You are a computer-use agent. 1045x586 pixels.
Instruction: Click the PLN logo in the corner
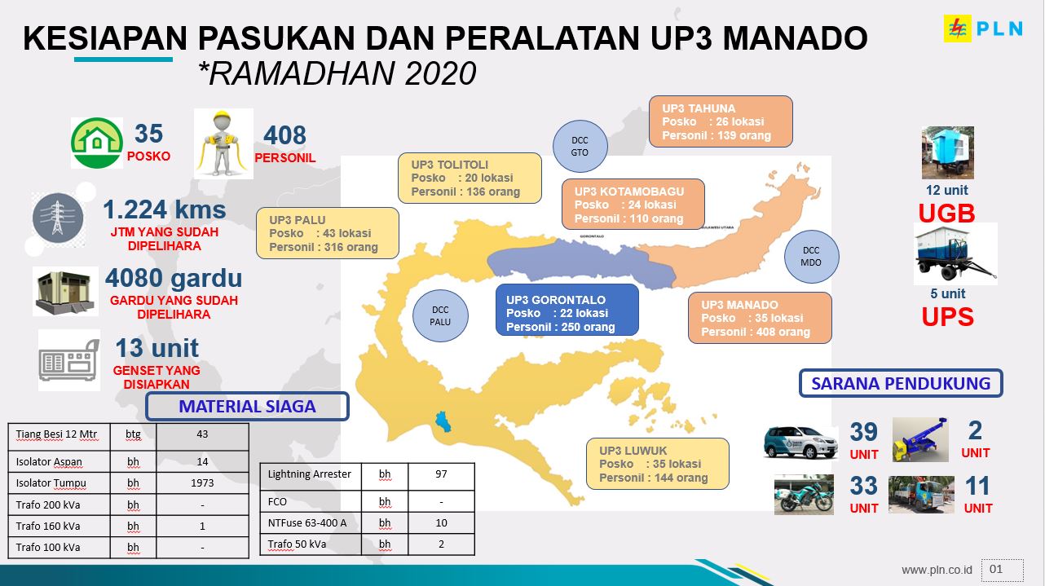[983, 29]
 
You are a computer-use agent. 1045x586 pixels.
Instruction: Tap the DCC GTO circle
[580, 146]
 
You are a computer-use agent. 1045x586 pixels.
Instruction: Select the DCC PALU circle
[440, 316]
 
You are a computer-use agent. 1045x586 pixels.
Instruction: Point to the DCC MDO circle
[811, 257]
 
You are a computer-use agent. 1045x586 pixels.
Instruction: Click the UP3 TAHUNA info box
[721, 121]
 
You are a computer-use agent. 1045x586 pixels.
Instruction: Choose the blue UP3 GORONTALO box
[567, 310]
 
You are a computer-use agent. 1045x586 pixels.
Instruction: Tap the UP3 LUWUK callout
[657, 464]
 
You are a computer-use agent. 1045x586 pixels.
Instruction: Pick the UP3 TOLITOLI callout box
[470, 178]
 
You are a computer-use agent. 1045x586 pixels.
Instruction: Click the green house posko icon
[96, 143]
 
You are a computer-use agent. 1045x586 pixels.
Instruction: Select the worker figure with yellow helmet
[223, 143]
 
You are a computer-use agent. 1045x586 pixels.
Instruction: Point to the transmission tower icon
[58, 218]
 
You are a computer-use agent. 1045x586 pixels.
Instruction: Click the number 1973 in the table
[202, 482]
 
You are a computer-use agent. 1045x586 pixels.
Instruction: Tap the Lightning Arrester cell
[310, 475]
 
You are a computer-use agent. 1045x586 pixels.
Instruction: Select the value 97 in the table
[441, 474]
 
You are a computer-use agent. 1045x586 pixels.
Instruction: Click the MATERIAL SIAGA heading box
[247, 407]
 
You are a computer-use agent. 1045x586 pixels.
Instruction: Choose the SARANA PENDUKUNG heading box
[901, 384]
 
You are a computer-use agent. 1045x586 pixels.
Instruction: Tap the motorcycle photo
[804, 495]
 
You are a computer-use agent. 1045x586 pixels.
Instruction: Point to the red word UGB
[946, 214]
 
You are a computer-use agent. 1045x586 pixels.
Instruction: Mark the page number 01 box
[1002, 570]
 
